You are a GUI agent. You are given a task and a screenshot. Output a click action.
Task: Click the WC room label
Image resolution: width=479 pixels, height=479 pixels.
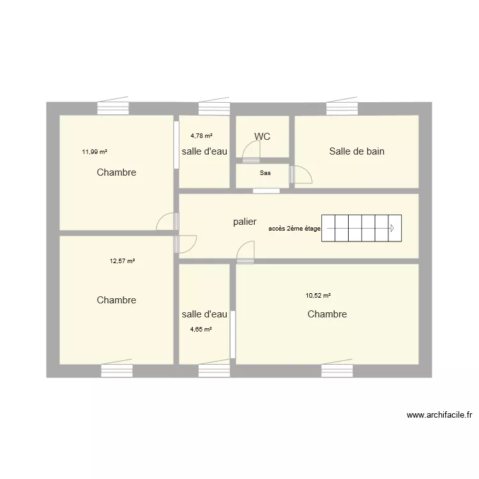pyautogui.click(x=262, y=136)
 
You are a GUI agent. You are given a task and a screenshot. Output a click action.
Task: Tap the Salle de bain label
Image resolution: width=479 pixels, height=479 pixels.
pyautogui.click(x=356, y=151)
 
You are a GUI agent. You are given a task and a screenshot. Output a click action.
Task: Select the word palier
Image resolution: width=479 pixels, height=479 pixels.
pyautogui.click(x=245, y=222)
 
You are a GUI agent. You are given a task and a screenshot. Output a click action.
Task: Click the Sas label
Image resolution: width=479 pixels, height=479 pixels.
pyautogui.click(x=265, y=173)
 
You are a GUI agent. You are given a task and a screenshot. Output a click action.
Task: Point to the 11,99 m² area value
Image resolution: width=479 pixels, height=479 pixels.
pyautogui.click(x=95, y=151)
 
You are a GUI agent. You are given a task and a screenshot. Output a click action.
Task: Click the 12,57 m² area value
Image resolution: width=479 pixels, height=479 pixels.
pyautogui.click(x=122, y=261)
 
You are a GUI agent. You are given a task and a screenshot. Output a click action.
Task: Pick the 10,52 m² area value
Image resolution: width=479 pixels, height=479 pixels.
pyautogui.click(x=318, y=296)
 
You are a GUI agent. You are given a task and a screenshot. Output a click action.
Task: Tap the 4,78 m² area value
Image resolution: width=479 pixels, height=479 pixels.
pyautogui.click(x=201, y=135)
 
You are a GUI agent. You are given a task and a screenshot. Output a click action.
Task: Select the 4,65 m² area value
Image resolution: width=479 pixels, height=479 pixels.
pyautogui.click(x=201, y=330)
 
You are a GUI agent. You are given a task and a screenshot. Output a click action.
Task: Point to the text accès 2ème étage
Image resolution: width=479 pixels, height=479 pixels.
pyautogui.click(x=294, y=229)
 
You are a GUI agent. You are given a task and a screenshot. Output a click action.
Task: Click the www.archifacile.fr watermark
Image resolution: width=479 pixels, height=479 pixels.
pyautogui.click(x=439, y=415)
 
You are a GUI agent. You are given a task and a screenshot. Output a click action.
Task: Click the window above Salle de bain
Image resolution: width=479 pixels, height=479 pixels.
pyautogui.click(x=342, y=106)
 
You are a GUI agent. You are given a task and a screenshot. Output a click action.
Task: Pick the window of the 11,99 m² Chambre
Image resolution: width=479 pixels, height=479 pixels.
pyautogui.click(x=113, y=106)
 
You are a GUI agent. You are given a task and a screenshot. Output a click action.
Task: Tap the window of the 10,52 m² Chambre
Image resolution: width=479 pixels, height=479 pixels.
pyautogui.click(x=337, y=369)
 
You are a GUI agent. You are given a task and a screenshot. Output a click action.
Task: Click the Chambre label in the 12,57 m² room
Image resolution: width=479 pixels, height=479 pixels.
pyautogui.click(x=116, y=300)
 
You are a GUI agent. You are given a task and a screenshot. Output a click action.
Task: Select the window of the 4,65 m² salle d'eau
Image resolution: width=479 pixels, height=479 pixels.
pyautogui.click(x=214, y=369)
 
